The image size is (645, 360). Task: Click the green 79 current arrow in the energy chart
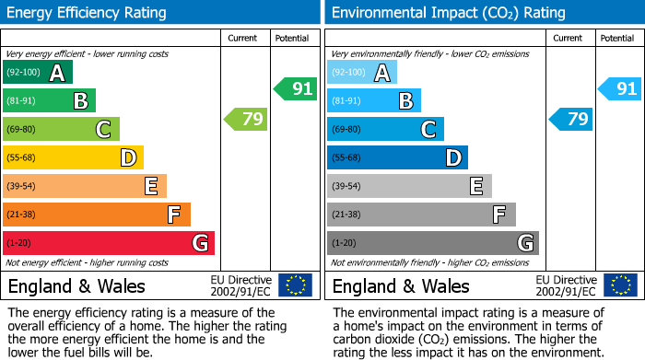[245, 119]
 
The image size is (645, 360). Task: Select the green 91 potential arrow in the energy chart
[295, 89]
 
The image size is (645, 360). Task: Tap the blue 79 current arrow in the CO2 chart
[570, 119]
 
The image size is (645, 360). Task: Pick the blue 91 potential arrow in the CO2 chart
[619, 89]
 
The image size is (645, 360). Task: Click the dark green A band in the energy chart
[38, 72]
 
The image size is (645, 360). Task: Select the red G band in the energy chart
[109, 243]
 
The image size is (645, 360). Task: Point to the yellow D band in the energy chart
[73, 157]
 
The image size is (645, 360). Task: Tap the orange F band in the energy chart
[97, 215]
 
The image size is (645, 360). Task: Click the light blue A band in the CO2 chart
[362, 72]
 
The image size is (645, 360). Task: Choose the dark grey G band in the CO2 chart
[432, 243]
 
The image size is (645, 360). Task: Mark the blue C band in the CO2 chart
[385, 129]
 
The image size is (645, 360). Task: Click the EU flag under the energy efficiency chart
[295, 285]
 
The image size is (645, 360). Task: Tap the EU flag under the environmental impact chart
[621, 285]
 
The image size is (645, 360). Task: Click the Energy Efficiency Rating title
[87, 13]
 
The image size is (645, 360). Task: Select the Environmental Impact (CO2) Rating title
[448, 13]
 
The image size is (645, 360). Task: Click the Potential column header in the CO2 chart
[616, 38]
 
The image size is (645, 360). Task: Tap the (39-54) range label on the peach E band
[22, 186]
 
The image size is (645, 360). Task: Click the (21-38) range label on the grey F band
[346, 215]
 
